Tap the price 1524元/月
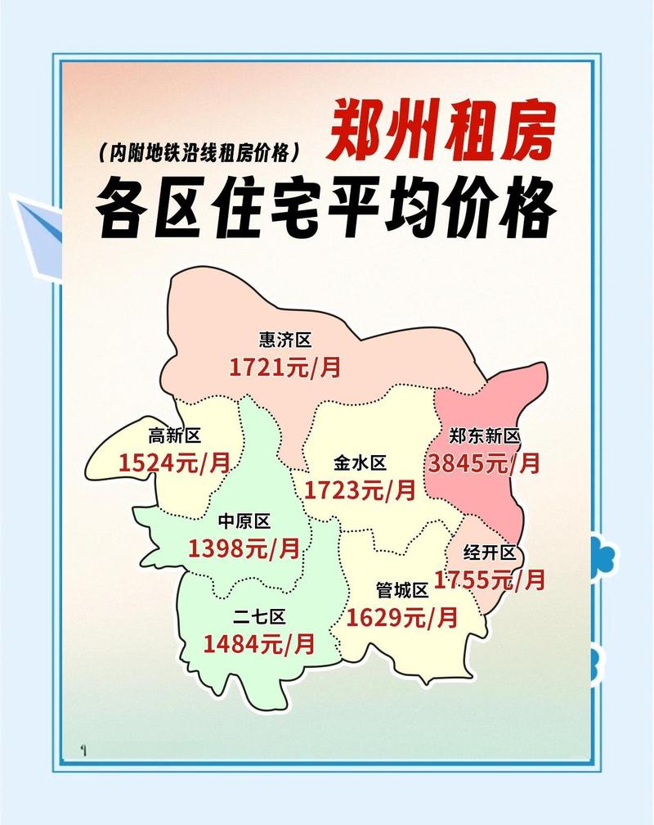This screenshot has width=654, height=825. pos(174,463)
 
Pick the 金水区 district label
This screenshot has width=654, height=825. pos(360,463)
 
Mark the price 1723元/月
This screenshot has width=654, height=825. pos(360,490)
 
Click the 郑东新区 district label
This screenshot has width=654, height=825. pos(484,436)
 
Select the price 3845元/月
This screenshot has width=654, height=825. pos(484,463)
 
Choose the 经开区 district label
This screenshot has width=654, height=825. pos(490,553)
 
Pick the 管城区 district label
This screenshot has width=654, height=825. pos(402,590)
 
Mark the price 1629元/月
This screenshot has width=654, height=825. pos(402,617)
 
